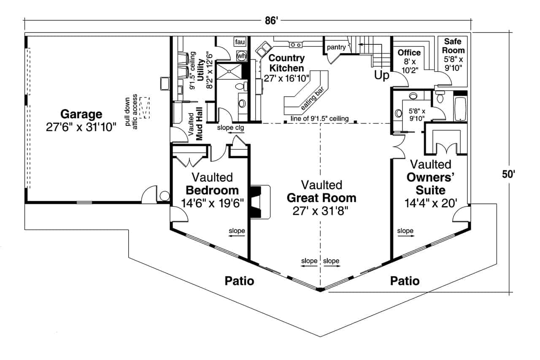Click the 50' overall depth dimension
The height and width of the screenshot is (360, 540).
point(511,174)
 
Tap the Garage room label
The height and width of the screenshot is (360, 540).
point(81,114)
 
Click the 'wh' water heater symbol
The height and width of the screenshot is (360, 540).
point(241,55)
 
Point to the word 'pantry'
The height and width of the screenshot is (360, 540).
point(336,47)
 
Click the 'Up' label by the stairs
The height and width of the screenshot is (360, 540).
point(381,76)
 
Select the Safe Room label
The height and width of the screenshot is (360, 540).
point(454,46)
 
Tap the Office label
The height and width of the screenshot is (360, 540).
point(409,53)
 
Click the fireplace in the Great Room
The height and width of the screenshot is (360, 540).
point(258,201)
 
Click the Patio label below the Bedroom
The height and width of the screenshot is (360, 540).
point(239,281)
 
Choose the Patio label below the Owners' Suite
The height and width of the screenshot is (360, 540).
point(405,281)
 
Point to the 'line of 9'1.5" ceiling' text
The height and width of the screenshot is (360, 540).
point(320,119)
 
